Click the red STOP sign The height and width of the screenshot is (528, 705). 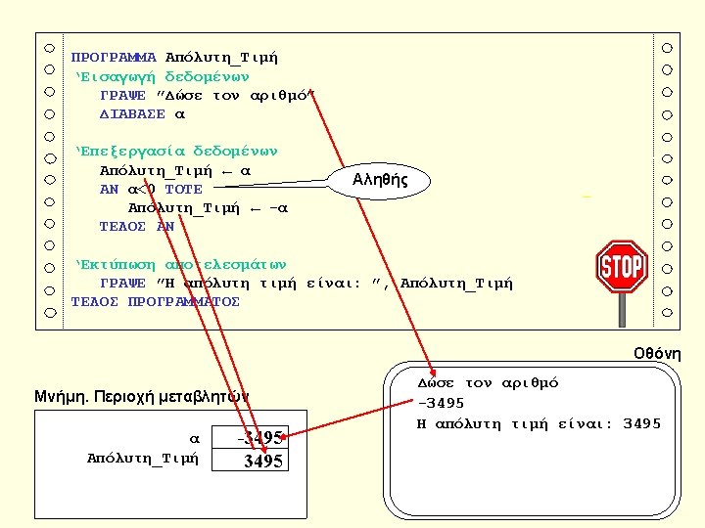pyautogui.click(x=621, y=266)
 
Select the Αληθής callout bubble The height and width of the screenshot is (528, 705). pyautogui.click(x=381, y=180)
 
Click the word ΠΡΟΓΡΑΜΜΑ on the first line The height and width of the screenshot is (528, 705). pyautogui.click(x=114, y=58)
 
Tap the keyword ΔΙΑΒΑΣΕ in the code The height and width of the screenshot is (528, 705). pyautogui.click(x=133, y=114)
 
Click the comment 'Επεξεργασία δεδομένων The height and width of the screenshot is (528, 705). pyautogui.click(x=176, y=152)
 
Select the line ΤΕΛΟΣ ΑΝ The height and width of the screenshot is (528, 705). pyautogui.click(x=136, y=227)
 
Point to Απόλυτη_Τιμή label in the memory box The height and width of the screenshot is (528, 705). pyautogui.click(x=143, y=458)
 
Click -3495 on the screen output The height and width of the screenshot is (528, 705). pyautogui.click(x=441, y=403)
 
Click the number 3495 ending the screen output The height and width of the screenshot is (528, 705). pyautogui.click(x=642, y=423)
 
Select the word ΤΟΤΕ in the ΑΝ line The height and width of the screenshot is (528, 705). pyautogui.click(x=183, y=190)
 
